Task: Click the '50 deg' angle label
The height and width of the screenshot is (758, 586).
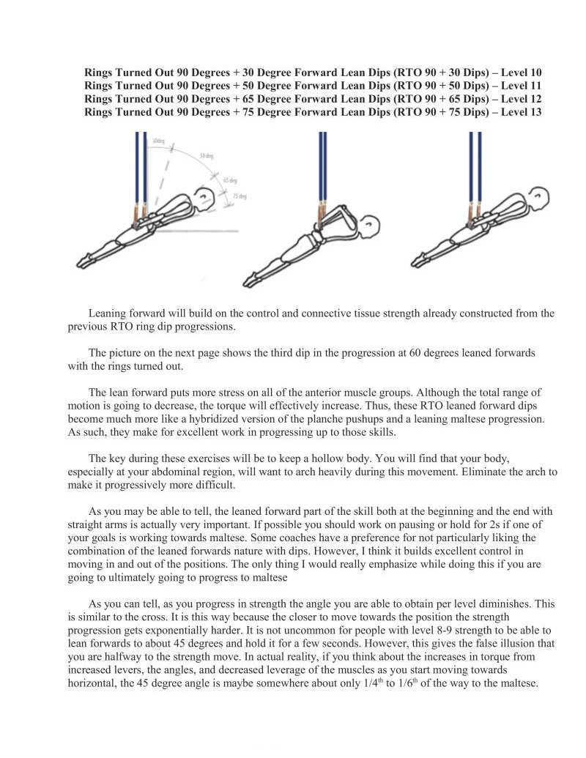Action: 206,157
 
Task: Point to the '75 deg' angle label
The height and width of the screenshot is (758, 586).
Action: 239,196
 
